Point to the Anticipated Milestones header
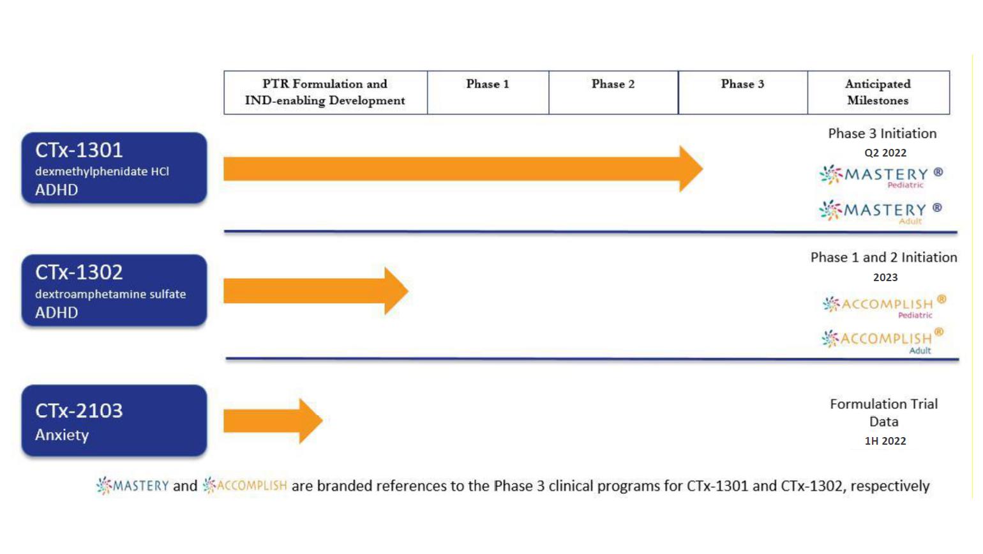(878, 92)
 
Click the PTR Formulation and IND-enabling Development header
(325, 92)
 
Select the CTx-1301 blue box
(114, 168)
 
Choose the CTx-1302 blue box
(114, 291)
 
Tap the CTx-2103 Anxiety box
(114, 420)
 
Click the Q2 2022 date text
(885, 153)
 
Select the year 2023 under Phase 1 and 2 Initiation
(885, 277)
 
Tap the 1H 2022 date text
(885, 441)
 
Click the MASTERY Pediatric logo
(881, 176)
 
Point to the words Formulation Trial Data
(884, 413)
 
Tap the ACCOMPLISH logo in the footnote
(245, 486)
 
